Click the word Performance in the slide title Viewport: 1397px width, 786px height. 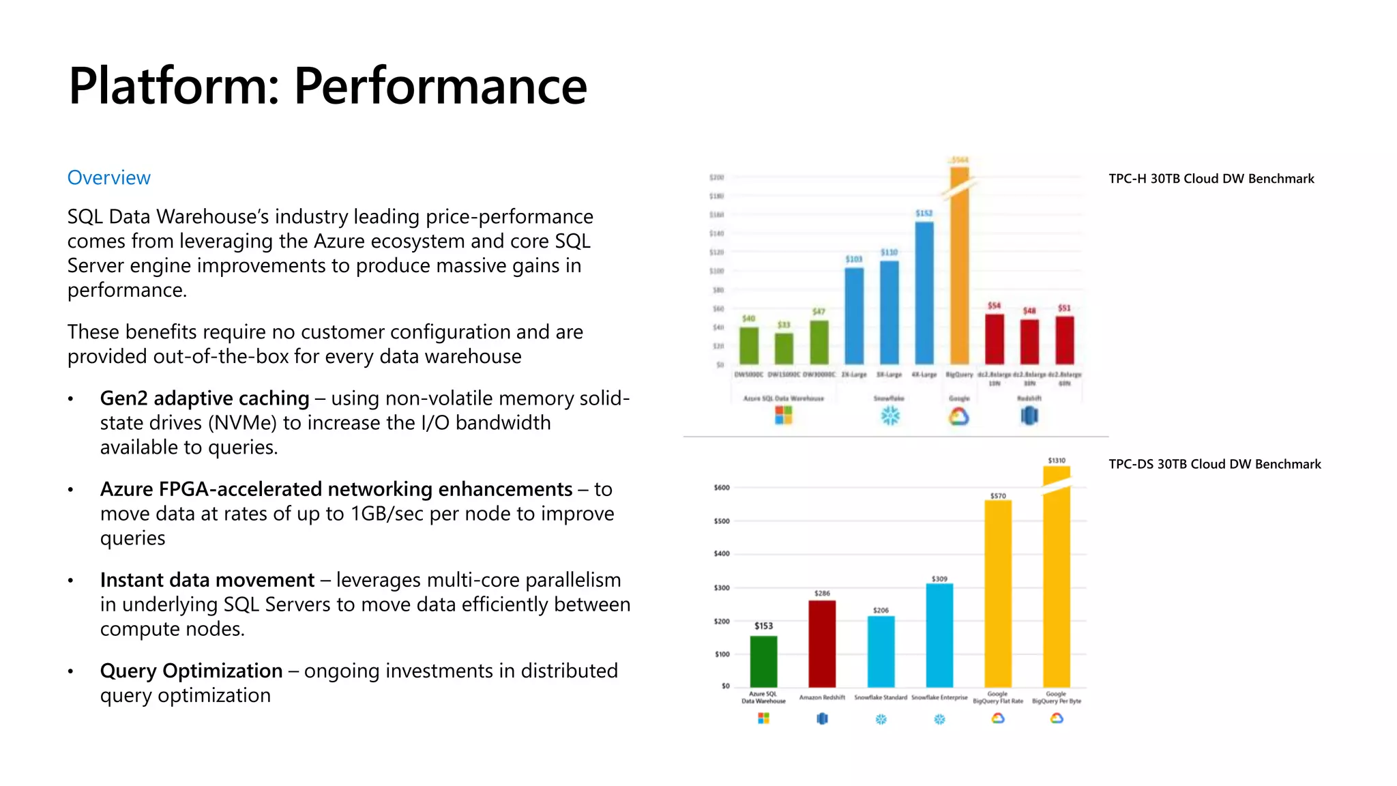click(440, 87)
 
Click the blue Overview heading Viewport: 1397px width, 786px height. click(108, 177)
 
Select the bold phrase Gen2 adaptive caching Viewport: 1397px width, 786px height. click(204, 398)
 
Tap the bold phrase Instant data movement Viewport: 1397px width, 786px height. click(207, 580)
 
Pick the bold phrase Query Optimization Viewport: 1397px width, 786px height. click(191, 671)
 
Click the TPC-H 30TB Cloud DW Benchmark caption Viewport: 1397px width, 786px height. click(1211, 179)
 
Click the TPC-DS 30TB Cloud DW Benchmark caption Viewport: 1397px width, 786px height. click(1214, 464)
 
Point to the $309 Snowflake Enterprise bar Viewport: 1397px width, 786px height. click(939, 635)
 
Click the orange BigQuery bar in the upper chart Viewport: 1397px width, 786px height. click(959, 273)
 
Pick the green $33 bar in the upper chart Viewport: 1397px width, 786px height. click(784, 348)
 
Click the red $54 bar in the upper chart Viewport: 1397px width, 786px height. click(995, 338)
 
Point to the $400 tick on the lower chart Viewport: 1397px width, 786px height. click(722, 553)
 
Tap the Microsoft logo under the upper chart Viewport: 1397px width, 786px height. click(784, 415)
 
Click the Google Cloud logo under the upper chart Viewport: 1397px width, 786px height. click(958, 416)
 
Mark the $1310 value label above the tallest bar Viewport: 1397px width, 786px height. click(1057, 461)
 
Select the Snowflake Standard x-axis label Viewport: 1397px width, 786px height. click(881, 697)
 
